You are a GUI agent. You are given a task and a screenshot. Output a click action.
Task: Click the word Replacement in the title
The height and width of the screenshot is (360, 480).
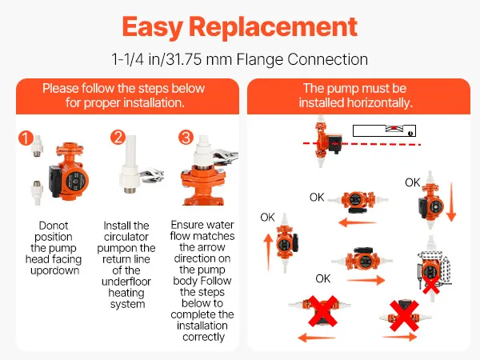[273, 27]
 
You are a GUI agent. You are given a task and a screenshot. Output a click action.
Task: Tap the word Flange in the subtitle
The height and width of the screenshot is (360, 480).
[259, 59]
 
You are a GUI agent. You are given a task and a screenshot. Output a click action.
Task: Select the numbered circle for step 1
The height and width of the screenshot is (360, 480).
[26, 138]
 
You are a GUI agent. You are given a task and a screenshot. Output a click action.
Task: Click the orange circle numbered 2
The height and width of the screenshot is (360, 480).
[118, 137]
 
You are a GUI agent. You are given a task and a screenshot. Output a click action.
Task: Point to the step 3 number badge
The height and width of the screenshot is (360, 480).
[186, 137]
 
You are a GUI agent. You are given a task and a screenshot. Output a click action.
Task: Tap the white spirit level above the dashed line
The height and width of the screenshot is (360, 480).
[384, 130]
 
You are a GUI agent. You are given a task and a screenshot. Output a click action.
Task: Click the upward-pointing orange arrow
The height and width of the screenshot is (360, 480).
[268, 252]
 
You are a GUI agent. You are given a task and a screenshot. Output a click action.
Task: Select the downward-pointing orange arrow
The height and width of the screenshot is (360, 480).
[451, 202]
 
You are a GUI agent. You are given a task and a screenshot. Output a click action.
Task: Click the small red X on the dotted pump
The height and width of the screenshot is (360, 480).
[431, 285]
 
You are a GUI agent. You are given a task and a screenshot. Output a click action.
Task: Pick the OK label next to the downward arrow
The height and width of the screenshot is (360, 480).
[412, 182]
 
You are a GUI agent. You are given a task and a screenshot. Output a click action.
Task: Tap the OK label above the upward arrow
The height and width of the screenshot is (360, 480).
[267, 218]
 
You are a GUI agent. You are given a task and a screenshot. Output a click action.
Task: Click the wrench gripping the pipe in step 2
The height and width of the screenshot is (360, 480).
[152, 176]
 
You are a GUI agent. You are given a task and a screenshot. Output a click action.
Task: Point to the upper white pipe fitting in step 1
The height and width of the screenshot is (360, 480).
[37, 146]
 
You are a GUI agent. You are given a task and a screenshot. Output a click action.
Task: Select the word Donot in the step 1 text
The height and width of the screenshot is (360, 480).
[54, 226]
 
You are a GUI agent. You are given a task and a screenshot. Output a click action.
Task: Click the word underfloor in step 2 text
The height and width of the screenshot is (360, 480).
[126, 282]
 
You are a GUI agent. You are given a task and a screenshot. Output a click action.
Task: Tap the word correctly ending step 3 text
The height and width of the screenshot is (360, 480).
[203, 337]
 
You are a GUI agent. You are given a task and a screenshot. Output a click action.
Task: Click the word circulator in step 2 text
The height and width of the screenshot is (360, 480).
[126, 237]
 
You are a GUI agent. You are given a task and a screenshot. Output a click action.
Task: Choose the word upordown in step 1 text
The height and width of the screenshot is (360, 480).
[54, 271]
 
